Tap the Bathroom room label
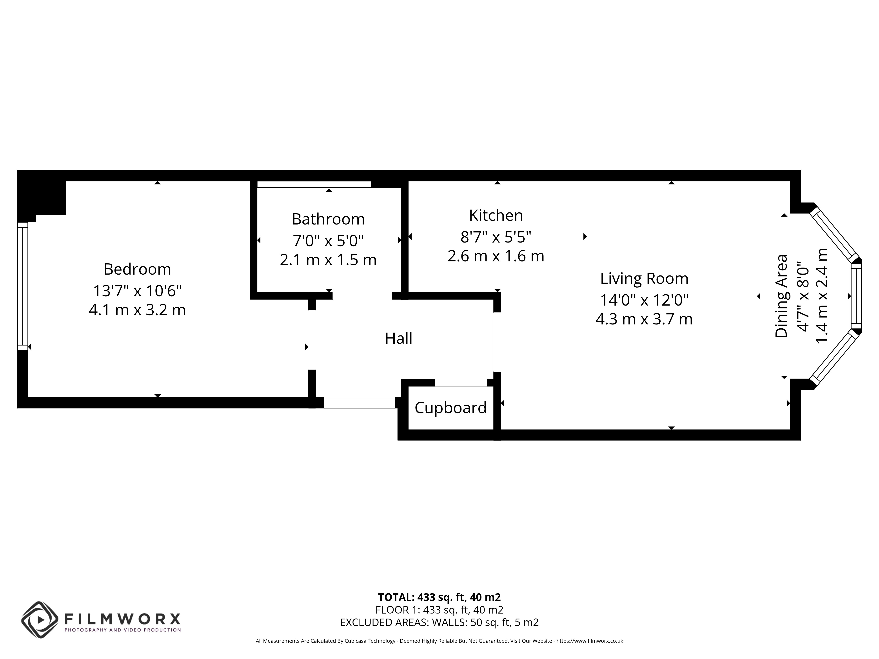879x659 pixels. (328, 219)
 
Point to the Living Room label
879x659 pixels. (644, 279)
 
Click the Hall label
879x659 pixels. (399, 339)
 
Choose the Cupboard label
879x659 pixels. (451, 408)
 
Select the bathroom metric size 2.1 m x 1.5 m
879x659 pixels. (328, 260)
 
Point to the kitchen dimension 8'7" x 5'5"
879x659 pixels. (496, 237)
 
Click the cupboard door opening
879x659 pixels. (461, 382)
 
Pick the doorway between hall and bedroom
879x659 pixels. (312, 340)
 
